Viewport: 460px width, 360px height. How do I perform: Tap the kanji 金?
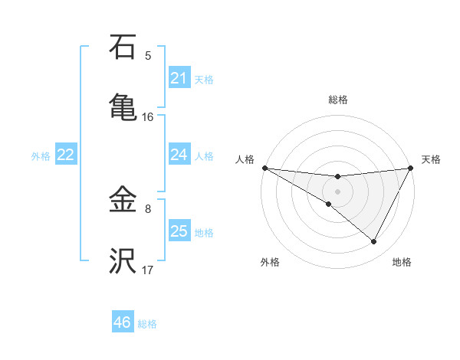123,201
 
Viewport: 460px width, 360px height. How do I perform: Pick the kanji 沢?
123,261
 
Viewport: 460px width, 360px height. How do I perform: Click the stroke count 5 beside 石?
148,55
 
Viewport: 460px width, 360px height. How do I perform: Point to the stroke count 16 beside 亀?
148,116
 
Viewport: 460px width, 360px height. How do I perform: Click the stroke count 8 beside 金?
148,208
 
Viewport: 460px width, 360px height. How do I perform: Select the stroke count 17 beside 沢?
148,270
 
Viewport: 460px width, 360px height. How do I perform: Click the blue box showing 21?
179,78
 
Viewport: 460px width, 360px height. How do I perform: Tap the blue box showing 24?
179,155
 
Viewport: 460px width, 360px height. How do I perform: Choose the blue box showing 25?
179,231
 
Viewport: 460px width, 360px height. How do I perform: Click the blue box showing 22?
66,155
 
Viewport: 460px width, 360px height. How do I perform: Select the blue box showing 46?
123,322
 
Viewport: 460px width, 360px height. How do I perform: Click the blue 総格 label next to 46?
147,324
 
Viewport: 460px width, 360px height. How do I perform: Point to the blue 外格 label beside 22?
41,156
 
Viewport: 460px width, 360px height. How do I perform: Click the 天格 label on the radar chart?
432,159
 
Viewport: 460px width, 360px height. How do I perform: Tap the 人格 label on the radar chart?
245,159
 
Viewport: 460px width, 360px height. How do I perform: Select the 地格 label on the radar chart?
402,262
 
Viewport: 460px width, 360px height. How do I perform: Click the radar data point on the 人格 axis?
264,168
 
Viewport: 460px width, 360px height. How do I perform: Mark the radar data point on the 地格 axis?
374,242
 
